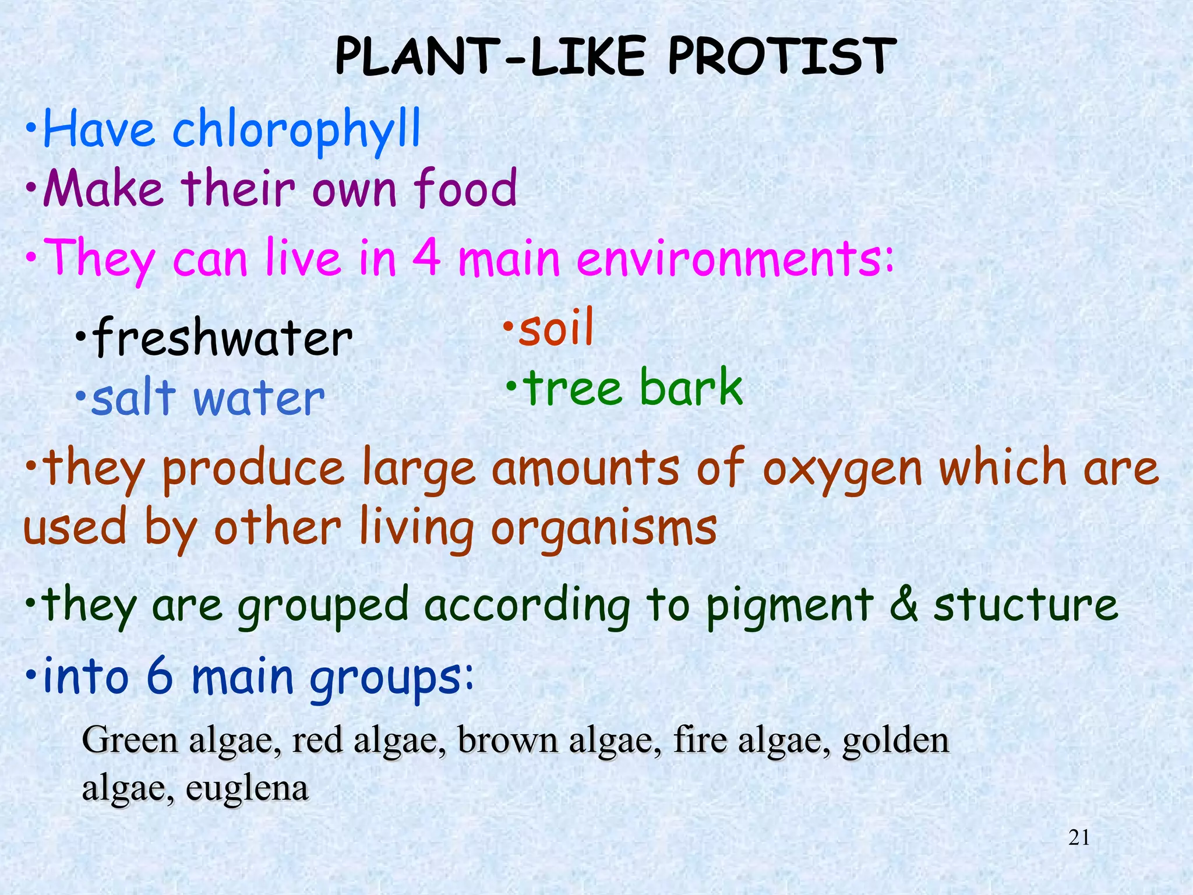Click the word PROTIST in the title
click(x=781, y=57)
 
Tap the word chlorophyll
click(x=296, y=129)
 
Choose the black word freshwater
click(x=223, y=338)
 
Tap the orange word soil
click(x=556, y=327)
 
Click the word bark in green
click(x=691, y=387)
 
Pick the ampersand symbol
click(x=903, y=605)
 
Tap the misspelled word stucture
click(x=1026, y=605)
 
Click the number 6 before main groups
click(x=160, y=676)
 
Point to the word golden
click(x=896, y=741)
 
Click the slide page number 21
click(x=1079, y=837)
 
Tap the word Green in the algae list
click(x=129, y=741)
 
